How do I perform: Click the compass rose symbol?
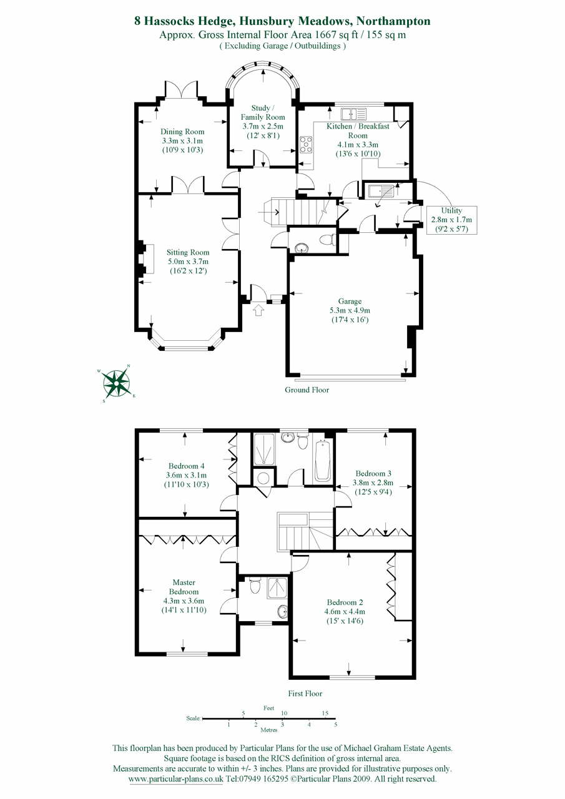pos(117,383)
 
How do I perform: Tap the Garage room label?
pos(350,301)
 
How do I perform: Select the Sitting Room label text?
pos(188,253)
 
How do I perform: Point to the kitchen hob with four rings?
pos(307,145)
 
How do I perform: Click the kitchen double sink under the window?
pos(353,114)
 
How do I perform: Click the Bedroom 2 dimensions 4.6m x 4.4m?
pos(345,612)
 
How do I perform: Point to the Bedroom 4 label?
pos(186,466)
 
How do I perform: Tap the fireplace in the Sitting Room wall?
pos(144,257)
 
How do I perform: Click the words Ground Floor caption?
pos(307,390)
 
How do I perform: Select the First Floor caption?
pos(305,693)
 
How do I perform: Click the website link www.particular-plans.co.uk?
pos(175,780)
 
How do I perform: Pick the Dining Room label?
pos(182,132)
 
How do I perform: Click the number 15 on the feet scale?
pos(325,713)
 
